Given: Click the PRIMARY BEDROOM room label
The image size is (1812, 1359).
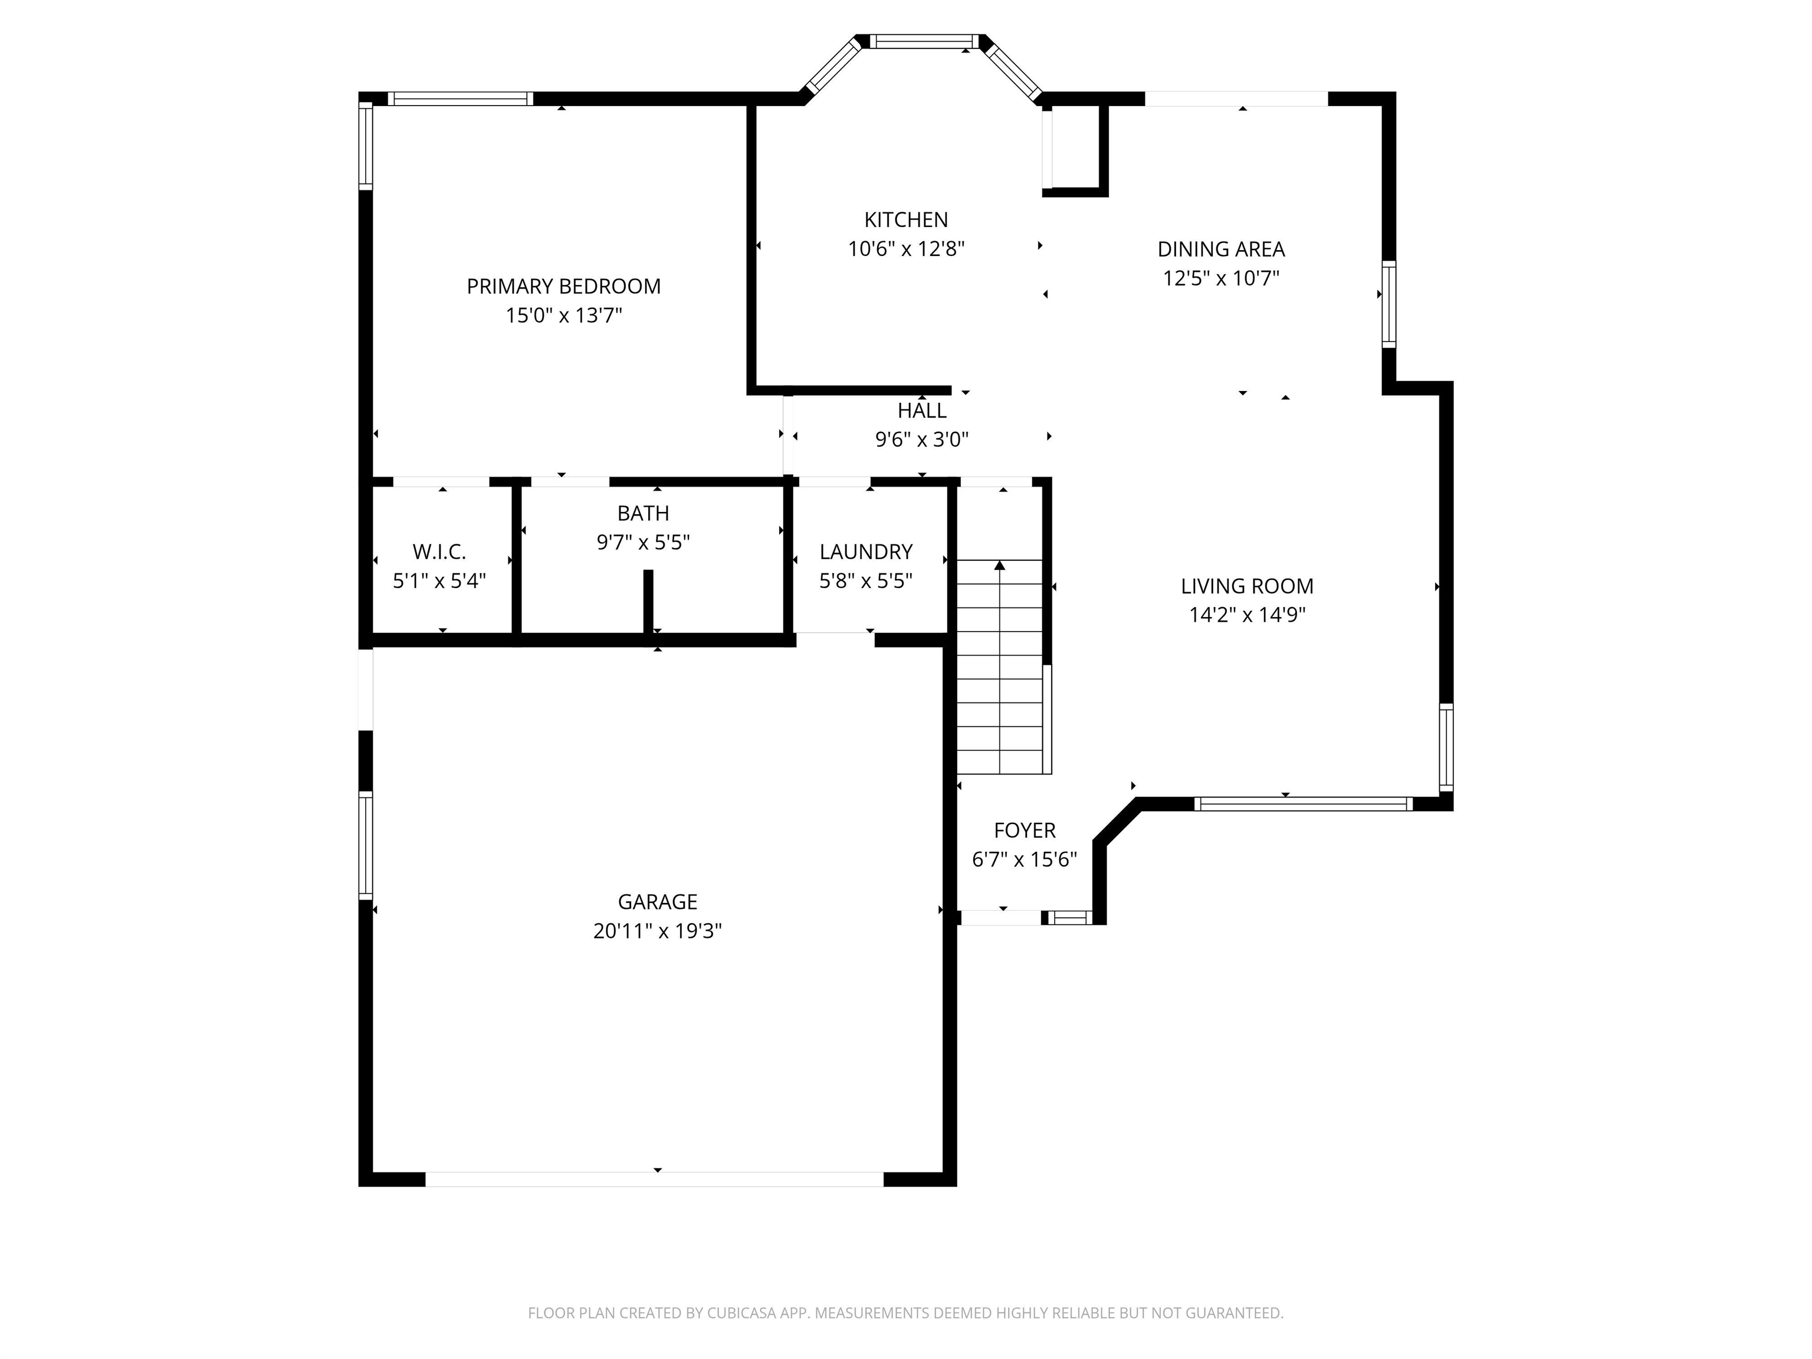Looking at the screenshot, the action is click(x=563, y=287).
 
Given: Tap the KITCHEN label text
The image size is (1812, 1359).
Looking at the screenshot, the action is click(x=906, y=219).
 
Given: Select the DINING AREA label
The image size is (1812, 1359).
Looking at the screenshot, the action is click(x=1220, y=249).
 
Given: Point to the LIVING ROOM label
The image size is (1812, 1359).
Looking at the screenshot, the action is click(x=1247, y=586).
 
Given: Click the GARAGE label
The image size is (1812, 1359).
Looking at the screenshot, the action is click(x=657, y=902).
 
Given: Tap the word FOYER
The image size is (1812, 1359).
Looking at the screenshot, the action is click(x=1024, y=830).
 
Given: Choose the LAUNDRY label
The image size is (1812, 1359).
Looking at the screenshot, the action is click(x=866, y=552).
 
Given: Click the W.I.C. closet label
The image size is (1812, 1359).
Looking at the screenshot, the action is click(x=439, y=552).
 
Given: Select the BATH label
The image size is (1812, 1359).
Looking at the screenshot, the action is click(x=643, y=514).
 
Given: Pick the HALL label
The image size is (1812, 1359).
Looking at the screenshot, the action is click(x=921, y=411).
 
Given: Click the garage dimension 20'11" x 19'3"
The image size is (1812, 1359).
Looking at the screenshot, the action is click(x=657, y=931).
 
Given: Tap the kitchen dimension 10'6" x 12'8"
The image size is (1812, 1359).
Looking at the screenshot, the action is click(x=906, y=249).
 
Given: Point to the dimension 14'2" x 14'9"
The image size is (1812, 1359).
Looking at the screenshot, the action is click(x=1247, y=615).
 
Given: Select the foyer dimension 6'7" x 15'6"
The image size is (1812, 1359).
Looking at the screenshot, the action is click(x=1024, y=859).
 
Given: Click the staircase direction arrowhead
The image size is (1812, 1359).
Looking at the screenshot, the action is click(x=999, y=565).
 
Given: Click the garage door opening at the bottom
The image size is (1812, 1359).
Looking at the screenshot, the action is click(x=655, y=1180).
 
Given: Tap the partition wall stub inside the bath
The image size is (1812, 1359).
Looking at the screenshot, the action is click(x=648, y=601).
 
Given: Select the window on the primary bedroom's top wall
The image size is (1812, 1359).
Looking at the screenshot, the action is click(x=460, y=99).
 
